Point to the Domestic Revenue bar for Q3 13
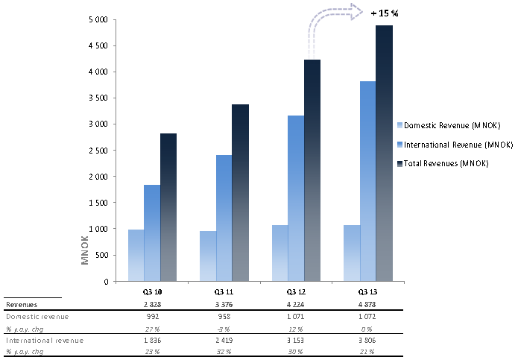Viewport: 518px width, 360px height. (352, 253)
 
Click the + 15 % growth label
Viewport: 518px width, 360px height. (386, 13)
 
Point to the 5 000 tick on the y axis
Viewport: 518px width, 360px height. (101, 19)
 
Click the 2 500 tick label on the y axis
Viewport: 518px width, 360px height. (101, 151)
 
